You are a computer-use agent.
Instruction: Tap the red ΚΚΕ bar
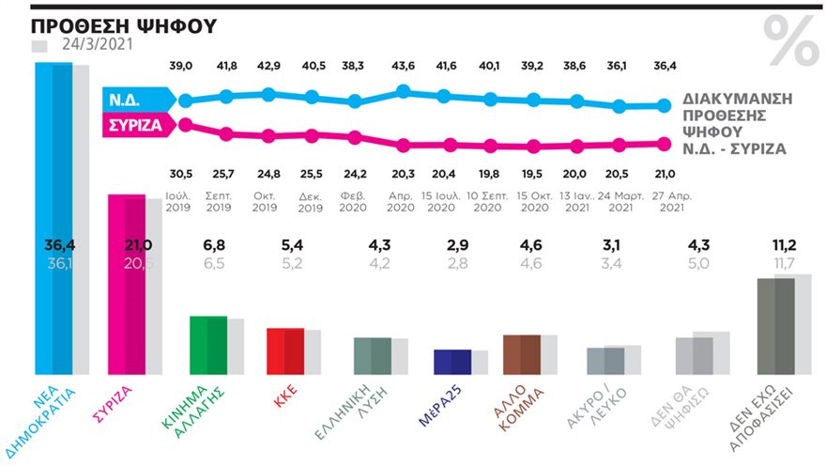point(286,352)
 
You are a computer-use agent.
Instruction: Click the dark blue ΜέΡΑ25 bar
point(452,363)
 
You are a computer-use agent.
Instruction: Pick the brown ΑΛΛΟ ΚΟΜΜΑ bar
point(522,355)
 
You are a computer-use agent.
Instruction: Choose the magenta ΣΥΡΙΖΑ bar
point(129,286)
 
